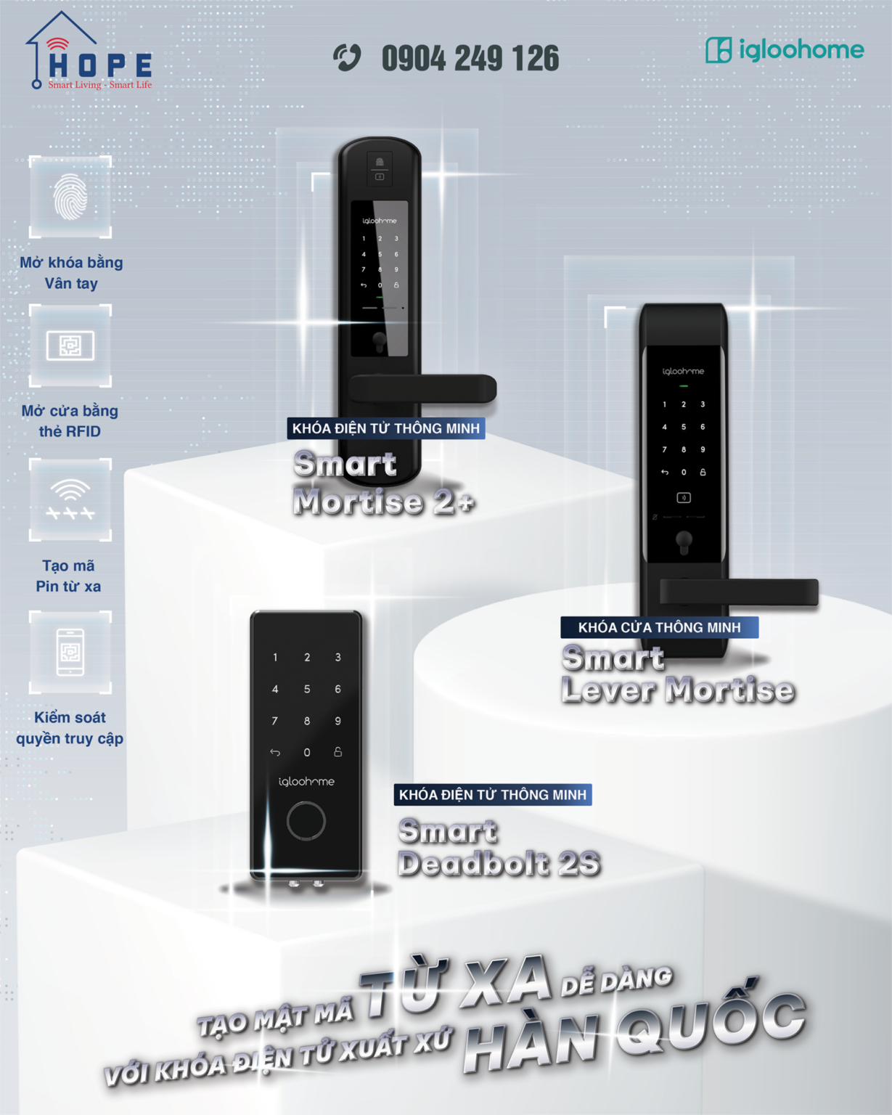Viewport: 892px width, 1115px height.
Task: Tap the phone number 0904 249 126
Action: point(470,59)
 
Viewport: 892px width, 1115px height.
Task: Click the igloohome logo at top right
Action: point(784,50)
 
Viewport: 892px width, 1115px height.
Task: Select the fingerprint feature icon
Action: point(70,197)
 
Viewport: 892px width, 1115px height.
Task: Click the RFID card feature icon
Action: point(70,346)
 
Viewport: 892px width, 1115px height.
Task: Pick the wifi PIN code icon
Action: point(70,499)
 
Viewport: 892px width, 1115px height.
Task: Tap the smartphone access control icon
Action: point(70,652)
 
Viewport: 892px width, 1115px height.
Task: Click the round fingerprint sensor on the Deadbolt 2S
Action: point(306,821)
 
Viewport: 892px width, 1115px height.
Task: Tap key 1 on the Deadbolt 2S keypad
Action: point(275,658)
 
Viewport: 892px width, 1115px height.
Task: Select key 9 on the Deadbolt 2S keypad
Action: point(337,721)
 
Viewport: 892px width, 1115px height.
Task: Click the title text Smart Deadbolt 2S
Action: point(499,847)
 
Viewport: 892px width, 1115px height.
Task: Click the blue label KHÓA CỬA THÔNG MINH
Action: point(659,627)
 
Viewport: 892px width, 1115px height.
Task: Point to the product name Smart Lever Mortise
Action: point(677,674)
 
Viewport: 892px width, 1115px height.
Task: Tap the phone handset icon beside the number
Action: point(347,57)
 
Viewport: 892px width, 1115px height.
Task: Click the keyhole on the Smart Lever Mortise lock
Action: point(684,541)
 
